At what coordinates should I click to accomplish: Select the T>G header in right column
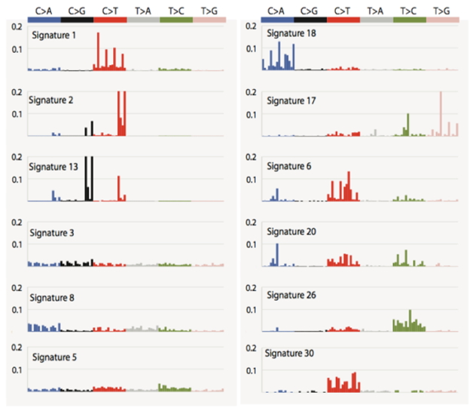click(443, 11)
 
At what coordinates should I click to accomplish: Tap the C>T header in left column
click(110, 11)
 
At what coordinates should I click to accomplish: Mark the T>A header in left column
click(143, 11)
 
